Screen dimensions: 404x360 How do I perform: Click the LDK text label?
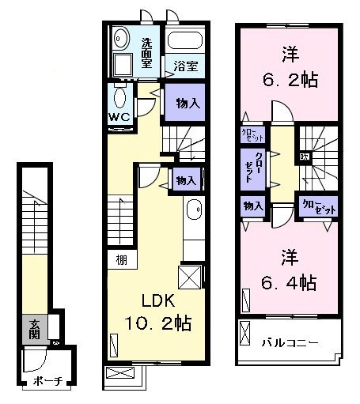(x=158, y=301)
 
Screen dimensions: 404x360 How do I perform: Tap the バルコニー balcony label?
(x=290, y=343)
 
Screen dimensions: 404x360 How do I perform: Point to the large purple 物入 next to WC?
(x=187, y=103)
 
